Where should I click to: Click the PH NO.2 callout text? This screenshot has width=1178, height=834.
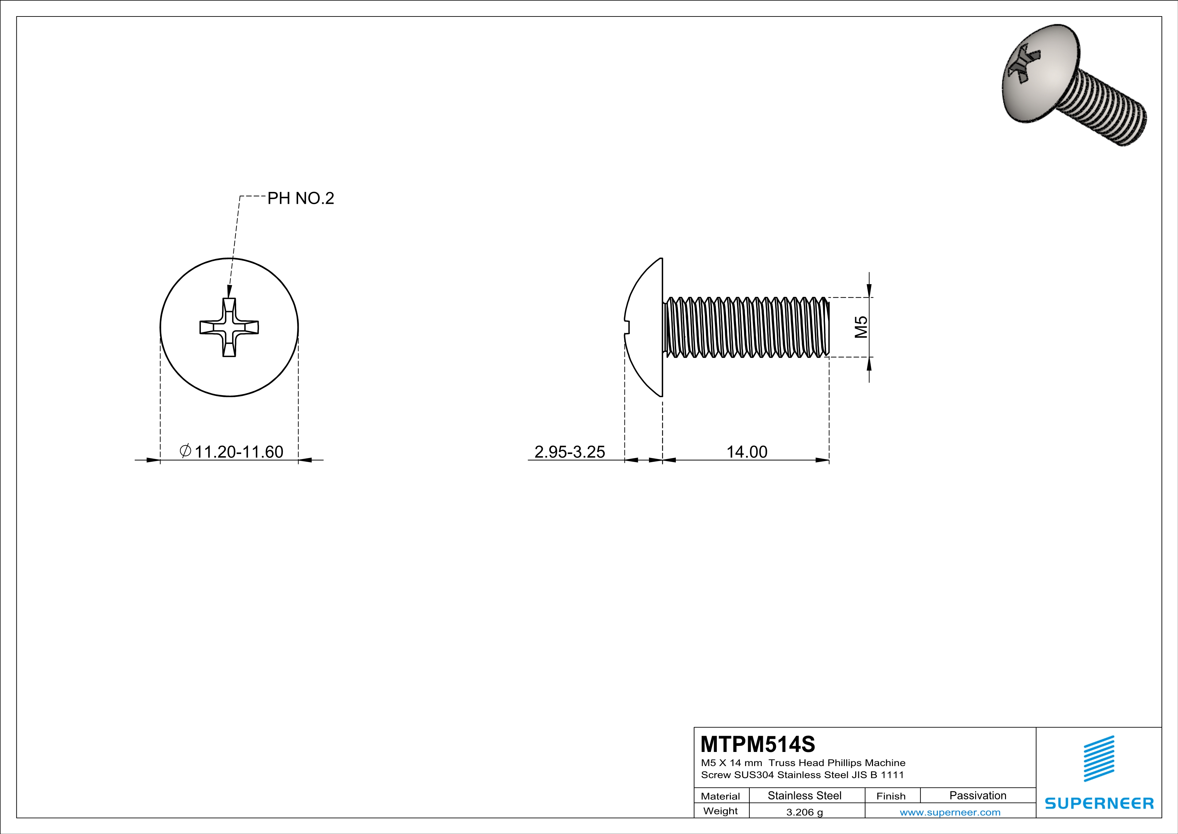pyautogui.click(x=301, y=198)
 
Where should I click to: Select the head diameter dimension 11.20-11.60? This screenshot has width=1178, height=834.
pyautogui.click(x=238, y=452)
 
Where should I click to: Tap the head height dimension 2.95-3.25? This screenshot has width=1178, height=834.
pyautogui.click(x=569, y=452)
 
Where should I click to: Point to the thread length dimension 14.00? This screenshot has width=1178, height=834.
pyautogui.click(x=746, y=452)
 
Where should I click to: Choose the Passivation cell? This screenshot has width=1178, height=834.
pyautogui.click(x=977, y=795)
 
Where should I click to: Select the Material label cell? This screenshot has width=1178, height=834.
pyautogui.click(x=721, y=796)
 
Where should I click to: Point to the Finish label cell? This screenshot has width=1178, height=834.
pyautogui.click(x=891, y=796)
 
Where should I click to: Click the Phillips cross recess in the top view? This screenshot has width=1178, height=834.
pyautogui.click(x=229, y=327)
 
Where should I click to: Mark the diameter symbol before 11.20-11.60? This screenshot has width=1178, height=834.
pyautogui.click(x=185, y=451)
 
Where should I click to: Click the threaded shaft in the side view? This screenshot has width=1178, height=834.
pyautogui.click(x=746, y=327)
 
